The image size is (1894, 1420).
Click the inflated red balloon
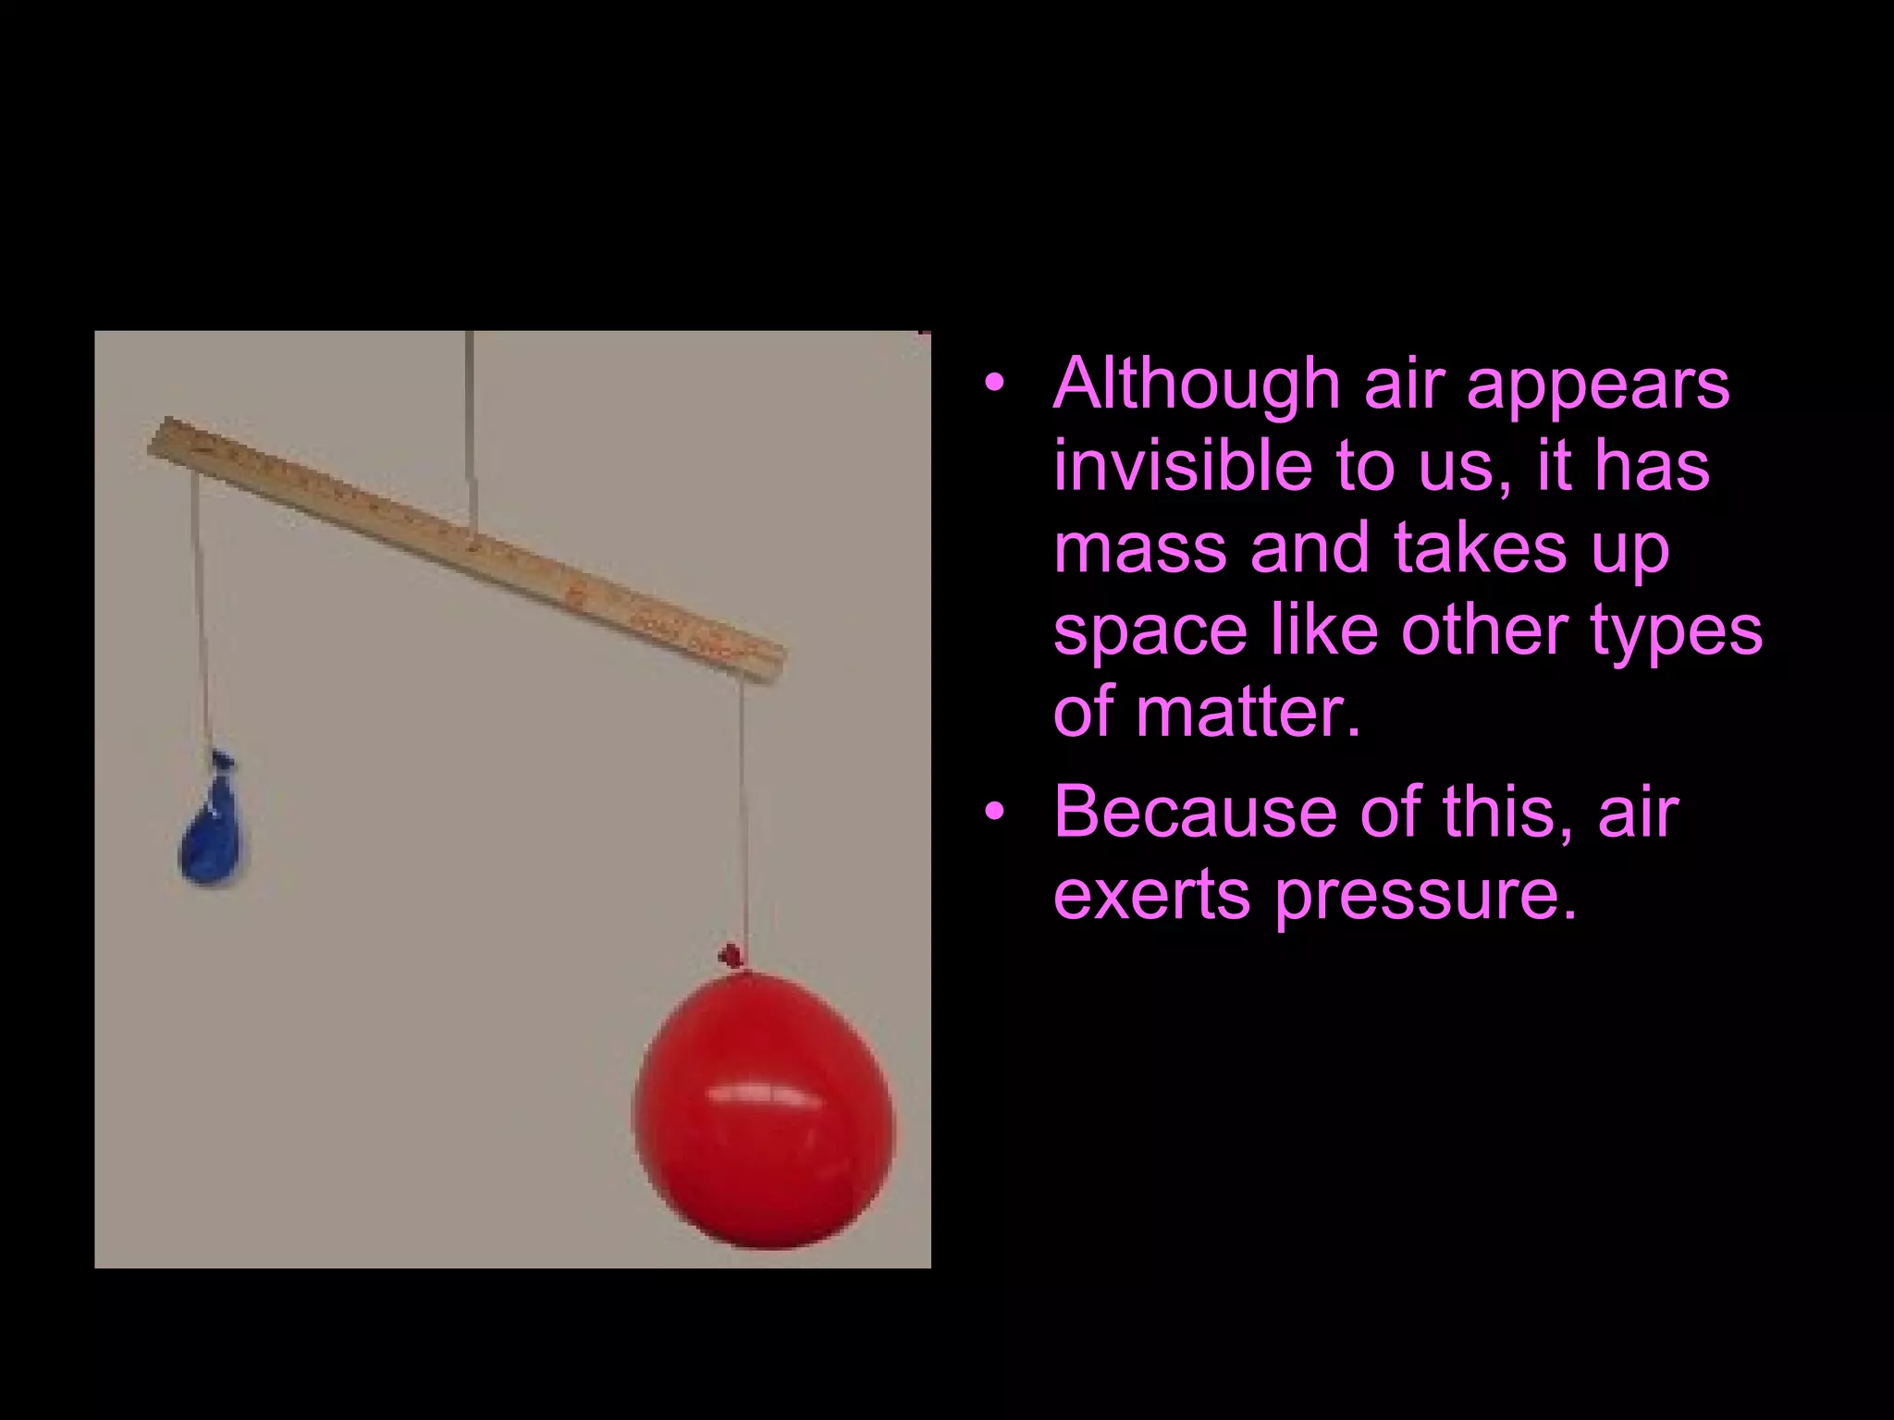(x=764, y=1109)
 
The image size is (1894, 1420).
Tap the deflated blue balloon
(x=214, y=832)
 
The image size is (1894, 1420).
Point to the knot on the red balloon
(x=732, y=955)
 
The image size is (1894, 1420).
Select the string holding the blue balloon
(x=202, y=610)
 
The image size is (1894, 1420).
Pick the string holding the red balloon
(x=743, y=814)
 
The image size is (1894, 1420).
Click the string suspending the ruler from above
(x=471, y=425)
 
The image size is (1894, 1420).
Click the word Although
(x=1196, y=384)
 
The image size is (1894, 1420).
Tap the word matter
(x=1248, y=711)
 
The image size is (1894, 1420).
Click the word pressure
(x=1425, y=896)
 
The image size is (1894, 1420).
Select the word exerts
(x=1152, y=894)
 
